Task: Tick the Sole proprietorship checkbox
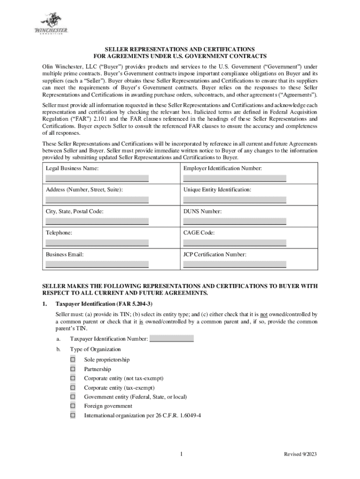(x=73, y=360)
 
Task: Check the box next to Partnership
(x=73, y=369)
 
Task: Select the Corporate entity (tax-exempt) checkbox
(x=73, y=387)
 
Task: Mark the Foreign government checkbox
(x=73, y=406)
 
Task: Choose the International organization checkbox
(x=73, y=415)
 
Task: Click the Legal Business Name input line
(x=97, y=178)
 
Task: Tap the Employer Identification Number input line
(x=235, y=178)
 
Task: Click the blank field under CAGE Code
(x=235, y=243)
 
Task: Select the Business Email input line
(x=97, y=264)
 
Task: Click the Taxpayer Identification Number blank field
(x=171, y=339)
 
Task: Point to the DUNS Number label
(x=202, y=211)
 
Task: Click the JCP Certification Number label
(x=215, y=254)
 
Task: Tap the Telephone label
(x=59, y=233)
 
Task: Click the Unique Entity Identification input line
(x=235, y=200)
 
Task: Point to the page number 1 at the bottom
(x=180, y=455)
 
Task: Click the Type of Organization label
(x=95, y=349)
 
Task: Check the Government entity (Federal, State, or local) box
(x=73, y=397)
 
